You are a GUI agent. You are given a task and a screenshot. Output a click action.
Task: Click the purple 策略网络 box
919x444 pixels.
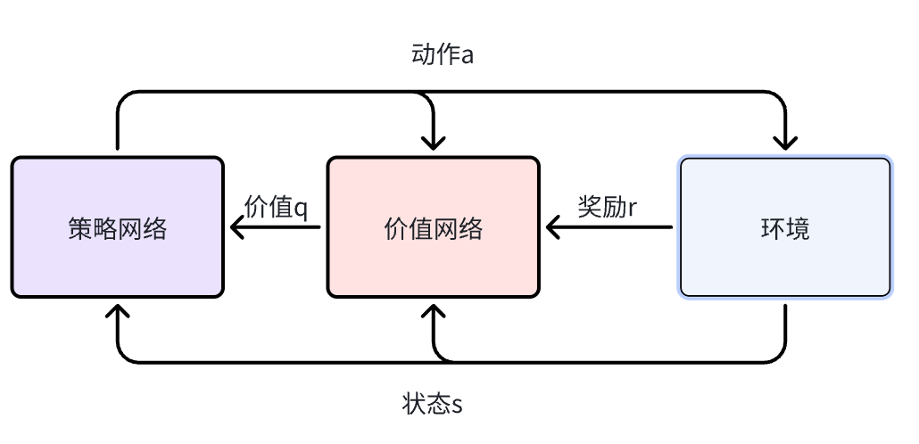(117, 227)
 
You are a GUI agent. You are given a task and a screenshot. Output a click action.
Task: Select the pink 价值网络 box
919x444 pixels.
(433, 227)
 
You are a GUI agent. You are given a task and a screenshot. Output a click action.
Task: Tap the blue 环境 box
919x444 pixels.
(785, 227)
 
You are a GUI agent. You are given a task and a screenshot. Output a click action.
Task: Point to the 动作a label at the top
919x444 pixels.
(442, 55)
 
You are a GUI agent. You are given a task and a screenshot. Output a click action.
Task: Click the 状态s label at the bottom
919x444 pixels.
(432, 404)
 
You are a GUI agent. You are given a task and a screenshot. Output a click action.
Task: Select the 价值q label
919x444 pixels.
(276, 208)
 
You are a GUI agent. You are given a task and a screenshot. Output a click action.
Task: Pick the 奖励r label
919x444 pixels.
(608, 207)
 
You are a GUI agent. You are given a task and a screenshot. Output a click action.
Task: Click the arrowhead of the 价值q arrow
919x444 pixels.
(236, 227)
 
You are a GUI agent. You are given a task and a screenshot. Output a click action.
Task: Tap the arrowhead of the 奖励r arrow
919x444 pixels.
(553, 227)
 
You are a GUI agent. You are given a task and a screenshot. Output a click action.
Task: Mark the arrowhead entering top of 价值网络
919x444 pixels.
(433, 144)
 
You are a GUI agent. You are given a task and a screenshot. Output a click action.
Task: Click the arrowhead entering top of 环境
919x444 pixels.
(785, 144)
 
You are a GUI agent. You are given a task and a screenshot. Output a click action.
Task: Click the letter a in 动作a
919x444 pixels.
(466, 56)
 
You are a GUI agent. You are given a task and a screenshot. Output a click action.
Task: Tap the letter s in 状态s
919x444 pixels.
(457, 405)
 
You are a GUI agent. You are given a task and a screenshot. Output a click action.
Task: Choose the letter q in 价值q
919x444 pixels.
(301, 210)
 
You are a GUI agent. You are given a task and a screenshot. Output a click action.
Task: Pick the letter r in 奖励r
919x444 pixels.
(633, 208)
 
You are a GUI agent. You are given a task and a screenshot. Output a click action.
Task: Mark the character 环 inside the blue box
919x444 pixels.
(773, 228)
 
